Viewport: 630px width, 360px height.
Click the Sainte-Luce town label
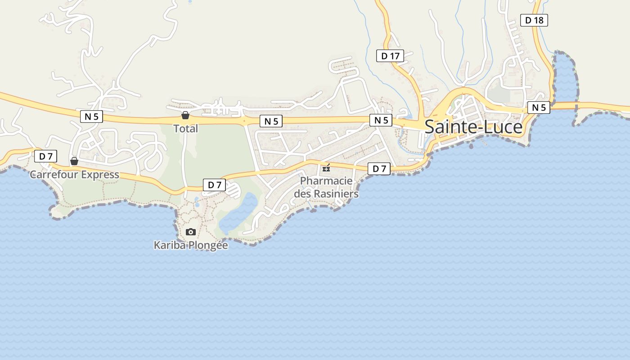(x=473, y=127)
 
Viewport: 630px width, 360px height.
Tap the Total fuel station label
(x=185, y=129)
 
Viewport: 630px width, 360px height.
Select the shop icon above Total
(x=185, y=115)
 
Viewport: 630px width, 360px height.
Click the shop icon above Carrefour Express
(x=74, y=161)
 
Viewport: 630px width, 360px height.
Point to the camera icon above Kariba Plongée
(x=191, y=232)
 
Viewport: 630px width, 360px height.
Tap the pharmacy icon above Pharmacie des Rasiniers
(x=326, y=168)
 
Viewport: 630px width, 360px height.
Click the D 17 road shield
(x=390, y=56)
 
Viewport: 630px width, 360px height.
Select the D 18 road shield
(x=534, y=20)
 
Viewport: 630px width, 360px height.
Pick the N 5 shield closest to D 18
(x=539, y=108)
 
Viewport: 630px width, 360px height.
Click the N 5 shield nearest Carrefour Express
(x=91, y=117)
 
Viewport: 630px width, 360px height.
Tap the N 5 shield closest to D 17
(x=381, y=120)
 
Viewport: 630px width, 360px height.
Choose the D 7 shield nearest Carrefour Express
(x=45, y=157)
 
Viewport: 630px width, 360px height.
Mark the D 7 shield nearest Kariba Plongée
(x=214, y=184)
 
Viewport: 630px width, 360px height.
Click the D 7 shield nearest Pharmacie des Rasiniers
(x=379, y=169)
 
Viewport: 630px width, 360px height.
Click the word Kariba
(x=169, y=245)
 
